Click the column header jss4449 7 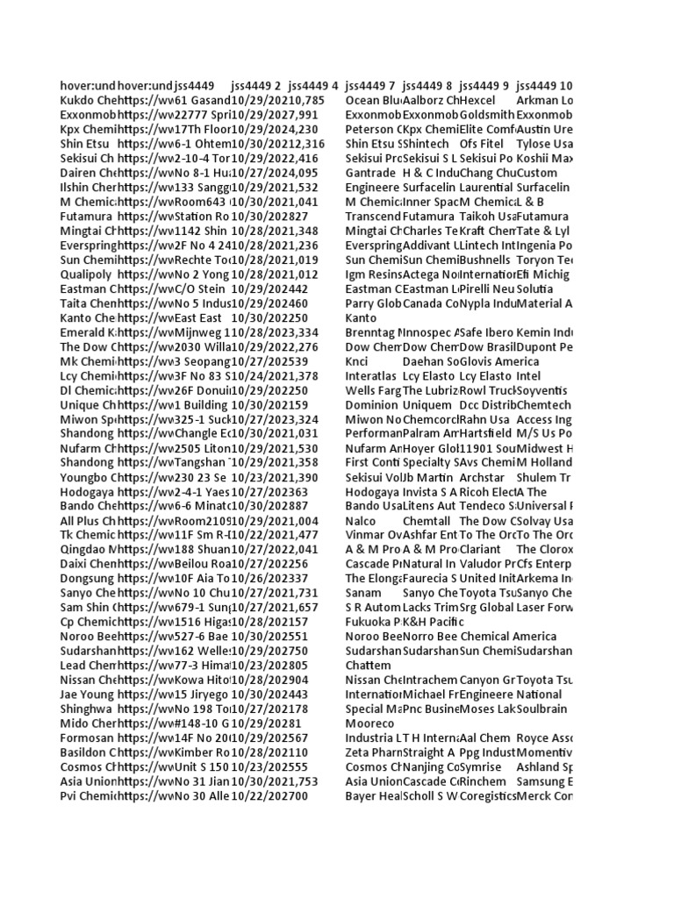coord(369,86)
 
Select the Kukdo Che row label coord(88,101)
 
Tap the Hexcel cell coord(477,101)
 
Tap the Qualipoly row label coord(88,274)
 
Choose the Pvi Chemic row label coord(88,795)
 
